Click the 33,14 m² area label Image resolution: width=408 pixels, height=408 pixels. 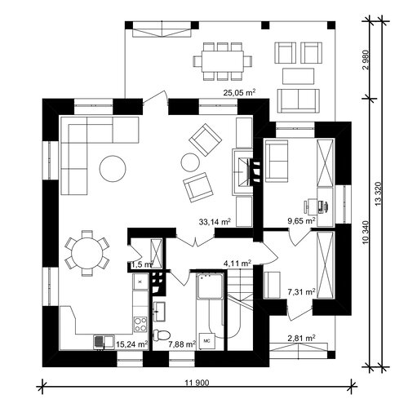pos(215,222)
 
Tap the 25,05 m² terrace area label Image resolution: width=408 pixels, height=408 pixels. pos(239,92)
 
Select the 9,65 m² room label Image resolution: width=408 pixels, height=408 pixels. pos(302,220)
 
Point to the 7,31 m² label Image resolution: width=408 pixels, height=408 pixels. pos(301,292)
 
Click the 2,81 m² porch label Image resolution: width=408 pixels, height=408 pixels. pos(301,338)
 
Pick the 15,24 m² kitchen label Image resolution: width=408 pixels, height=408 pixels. pos(132,344)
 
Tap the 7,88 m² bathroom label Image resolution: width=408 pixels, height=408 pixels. pos(182,344)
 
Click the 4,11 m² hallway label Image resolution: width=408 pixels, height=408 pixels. pos(237,264)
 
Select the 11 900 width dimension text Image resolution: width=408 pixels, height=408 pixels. pos(197,383)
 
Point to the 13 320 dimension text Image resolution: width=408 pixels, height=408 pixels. pos(379,194)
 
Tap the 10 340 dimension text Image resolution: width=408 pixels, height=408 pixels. pos(366,232)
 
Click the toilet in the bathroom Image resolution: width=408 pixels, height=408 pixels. pos(162,335)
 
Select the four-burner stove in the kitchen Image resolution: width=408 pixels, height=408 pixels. pos(140,325)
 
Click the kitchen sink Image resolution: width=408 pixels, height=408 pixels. pos(104,342)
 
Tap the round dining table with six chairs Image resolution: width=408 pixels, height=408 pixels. pos(87,254)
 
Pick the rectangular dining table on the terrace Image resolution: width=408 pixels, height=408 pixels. pos(223,61)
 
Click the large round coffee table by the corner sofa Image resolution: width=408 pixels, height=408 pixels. pos(113,169)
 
